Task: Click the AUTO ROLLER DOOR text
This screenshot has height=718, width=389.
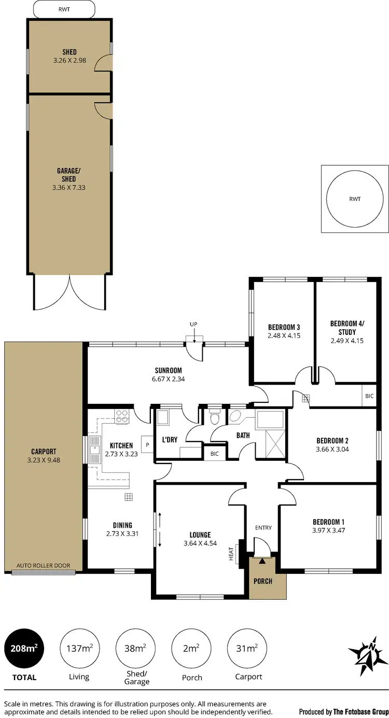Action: coord(43,566)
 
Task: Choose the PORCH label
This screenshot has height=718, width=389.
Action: coord(263,581)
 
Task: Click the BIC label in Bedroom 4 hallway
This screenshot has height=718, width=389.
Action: coord(369,396)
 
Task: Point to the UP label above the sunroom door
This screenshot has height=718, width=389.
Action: coord(193,325)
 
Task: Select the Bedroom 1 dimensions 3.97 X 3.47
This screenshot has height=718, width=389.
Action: coord(328,531)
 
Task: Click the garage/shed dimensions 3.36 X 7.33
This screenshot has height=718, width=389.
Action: coord(68,188)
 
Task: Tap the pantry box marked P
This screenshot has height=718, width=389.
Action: coord(147,445)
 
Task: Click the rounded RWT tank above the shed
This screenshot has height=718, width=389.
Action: coord(64,8)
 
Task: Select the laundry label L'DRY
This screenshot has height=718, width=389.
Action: coord(170,440)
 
